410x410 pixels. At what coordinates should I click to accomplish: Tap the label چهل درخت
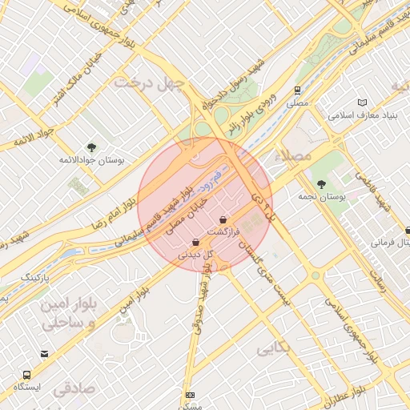[149, 82]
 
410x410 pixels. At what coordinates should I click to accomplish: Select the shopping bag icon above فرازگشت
[223, 219]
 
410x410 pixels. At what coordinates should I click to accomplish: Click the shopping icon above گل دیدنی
[196, 242]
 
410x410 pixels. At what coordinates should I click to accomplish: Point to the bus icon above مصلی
[298, 90]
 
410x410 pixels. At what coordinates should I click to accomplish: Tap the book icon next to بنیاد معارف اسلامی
[362, 102]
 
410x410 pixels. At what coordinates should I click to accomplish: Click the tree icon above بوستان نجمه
[321, 184]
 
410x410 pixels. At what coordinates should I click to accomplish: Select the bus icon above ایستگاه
[28, 375]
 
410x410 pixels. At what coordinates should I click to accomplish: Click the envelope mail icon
[43, 353]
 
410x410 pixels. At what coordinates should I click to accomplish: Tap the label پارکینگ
[34, 277]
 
